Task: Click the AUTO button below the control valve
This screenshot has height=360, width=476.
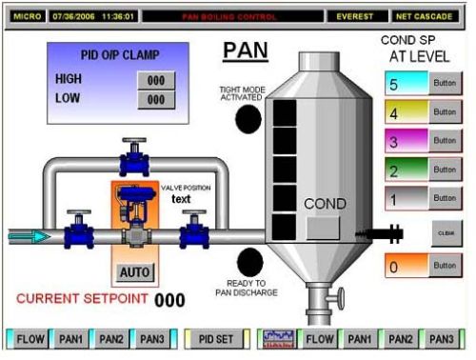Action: click(x=135, y=272)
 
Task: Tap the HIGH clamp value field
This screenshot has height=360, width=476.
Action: click(x=156, y=81)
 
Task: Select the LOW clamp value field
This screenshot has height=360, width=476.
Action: click(x=156, y=99)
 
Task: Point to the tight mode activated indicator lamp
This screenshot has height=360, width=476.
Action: click(x=248, y=118)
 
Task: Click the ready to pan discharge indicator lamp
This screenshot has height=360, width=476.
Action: click(x=249, y=261)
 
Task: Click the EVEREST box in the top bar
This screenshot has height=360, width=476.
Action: click(x=356, y=16)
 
